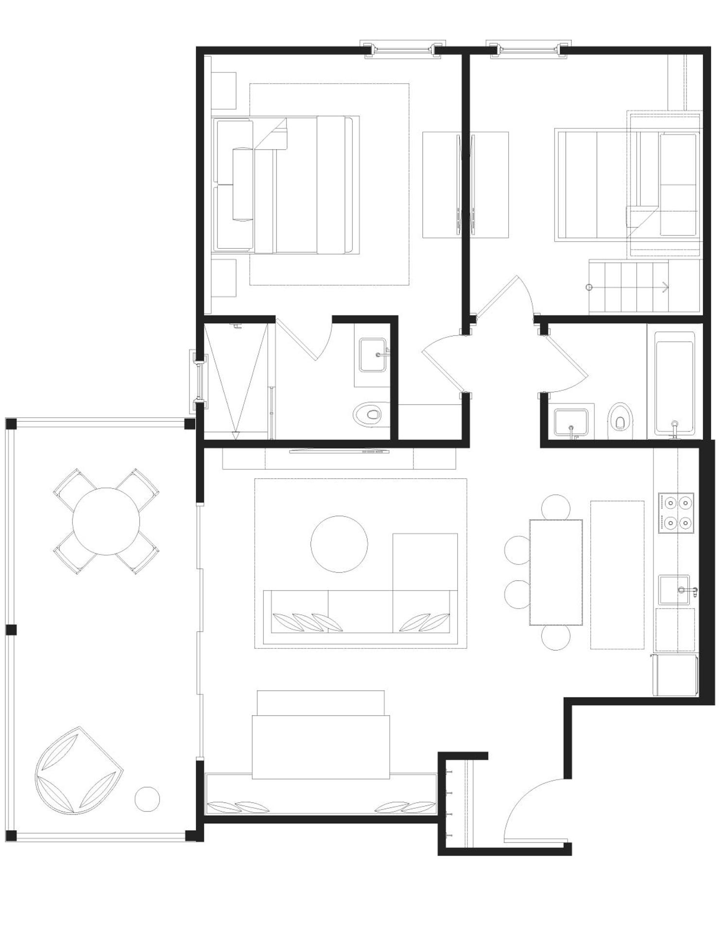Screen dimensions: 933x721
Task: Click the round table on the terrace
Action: click(106, 521)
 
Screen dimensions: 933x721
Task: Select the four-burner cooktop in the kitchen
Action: click(676, 513)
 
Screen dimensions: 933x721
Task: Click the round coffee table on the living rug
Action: click(339, 544)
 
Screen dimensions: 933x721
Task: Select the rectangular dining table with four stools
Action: click(556, 572)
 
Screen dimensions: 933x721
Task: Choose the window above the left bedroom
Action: click(403, 49)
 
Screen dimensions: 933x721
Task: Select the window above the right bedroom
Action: click(528, 49)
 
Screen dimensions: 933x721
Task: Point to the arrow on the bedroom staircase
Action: click(665, 287)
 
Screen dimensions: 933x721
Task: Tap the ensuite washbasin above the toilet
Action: click(373, 355)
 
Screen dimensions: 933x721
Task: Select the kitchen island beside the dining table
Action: click(617, 575)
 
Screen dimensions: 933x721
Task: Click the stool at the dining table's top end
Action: click(555, 507)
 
